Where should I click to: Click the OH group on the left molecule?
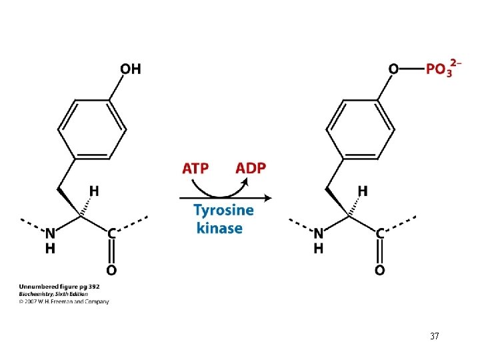pyautogui.click(x=131, y=69)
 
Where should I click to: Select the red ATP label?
pyautogui.click(x=195, y=167)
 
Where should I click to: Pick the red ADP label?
pyautogui.click(x=250, y=167)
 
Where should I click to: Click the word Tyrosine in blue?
pyautogui.click(x=223, y=211)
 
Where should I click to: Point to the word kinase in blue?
pyautogui.click(x=219, y=228)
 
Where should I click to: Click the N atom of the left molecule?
pyautogui.click(x=51, y=233)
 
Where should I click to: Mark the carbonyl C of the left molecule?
pyautogui.click(x=111, y=233)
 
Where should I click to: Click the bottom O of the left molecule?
pyautogui.click(x=111, y=270)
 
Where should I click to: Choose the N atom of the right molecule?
pyautogui.click(x=319, y=233)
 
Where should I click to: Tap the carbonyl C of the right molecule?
pyautogui.click(x=379, y=233)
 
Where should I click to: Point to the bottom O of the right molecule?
pyautogui.click(x=379, y=270)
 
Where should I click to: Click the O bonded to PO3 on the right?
pyautogui.click(x=393, y=69)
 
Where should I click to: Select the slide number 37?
pyautogui.click(x=434, y=337)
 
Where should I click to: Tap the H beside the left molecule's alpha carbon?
pyautogui.click(x=95, y=191)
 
